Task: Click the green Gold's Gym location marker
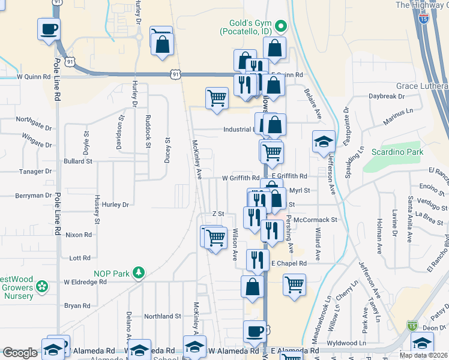coord(280,26)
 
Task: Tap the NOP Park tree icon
coord(139,274)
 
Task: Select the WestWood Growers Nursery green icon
coord(42,287)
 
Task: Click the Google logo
coord(20,353)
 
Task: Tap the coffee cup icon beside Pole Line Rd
coord(49,28)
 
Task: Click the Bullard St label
coord(79,161)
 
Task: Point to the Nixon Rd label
coord(79,235)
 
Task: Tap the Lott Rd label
coord(79,258)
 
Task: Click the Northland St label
coord(162,316)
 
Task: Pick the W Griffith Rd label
coord(240,178)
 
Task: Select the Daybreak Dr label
coord(387,96)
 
